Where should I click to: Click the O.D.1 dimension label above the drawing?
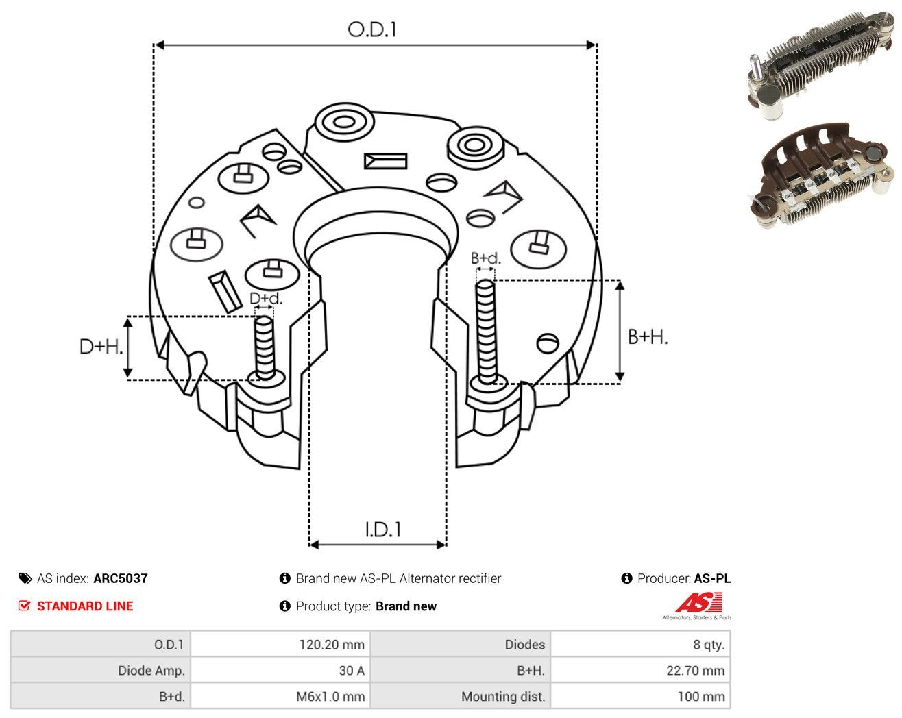tap(371, 29)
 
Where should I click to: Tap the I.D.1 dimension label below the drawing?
tap(383, 530)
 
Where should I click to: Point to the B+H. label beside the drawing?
tap(647, 337)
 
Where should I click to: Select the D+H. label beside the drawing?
tap(101, 347)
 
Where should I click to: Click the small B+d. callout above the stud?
tap(485, 258)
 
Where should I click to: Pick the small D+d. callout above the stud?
tap(266, 298)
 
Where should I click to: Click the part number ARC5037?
tap(121, 578)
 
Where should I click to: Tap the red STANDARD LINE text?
tap(85, 606)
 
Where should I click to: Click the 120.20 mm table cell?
tap(280, 644)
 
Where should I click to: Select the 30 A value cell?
tap(280, 670)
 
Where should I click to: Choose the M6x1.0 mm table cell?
tap(280, 696)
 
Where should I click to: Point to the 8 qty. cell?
tap(640, 644)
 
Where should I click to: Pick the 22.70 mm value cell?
tap(640, 670)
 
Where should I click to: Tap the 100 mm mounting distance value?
tap(640, 696)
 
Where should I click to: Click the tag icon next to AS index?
tap(25, 578)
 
